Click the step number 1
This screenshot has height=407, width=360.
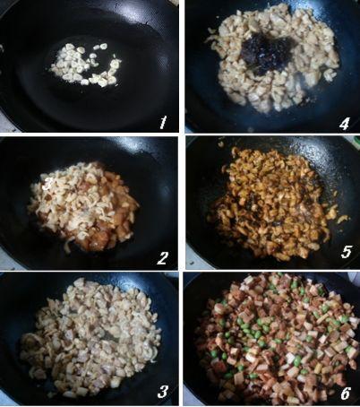click(x=163, y=123)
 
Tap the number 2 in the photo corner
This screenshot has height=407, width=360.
click(x=163, y=258)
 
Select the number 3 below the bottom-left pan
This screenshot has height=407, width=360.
click(x=163, y=392)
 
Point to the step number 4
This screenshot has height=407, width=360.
click(x=344, y=124)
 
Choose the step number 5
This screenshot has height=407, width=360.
click(x=347, y=252)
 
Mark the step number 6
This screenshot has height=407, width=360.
click(x=346, y=394)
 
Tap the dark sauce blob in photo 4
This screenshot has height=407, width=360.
click(x=266, y=53)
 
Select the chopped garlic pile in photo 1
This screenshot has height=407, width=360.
click(x=87, y=65)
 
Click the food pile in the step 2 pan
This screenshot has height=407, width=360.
click(x=83, y=206)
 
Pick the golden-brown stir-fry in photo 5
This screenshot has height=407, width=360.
click(x=275, y=203)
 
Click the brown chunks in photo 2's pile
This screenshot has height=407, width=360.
click(x=116, y=218)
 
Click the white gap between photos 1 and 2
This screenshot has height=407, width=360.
click(x=90, y=134)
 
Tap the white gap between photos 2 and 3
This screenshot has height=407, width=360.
click(x=90, y=271)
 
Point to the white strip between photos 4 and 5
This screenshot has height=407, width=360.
click(x=272, y=134)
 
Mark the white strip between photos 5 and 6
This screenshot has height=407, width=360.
click(x=272, y=271)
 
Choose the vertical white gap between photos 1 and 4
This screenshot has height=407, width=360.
click(x=182, y=66)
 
